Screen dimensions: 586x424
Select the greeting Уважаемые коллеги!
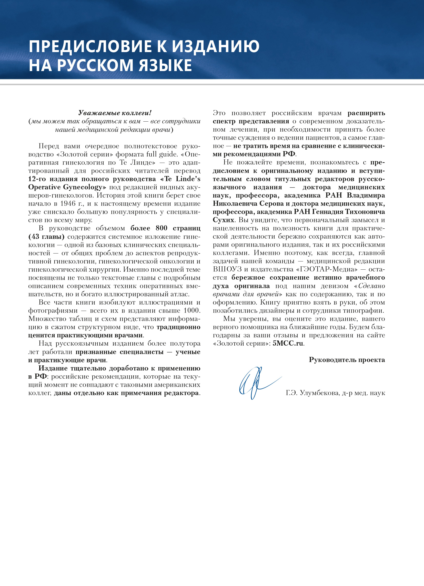pyautogui.click(x=115, y=113)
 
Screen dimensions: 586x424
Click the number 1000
pyautogui.click(x=191, y=310)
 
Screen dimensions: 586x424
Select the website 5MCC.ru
pyautogui.click(x=288, y=343)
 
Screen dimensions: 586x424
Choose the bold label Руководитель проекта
pyautogui.click(x=347, y=360)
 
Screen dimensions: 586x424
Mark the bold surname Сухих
pyautogui.click(x=223, y=220)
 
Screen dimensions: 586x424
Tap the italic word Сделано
pyautogui.click(x=371, y=286)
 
